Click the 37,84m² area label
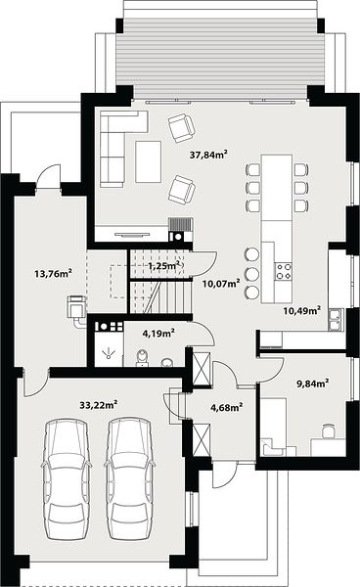(x=208, y=155)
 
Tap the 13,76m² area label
(x=53, y=273)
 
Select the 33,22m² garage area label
(x=99, y=404)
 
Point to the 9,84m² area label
(x=313, y=384)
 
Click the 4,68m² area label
(x=227, y=407)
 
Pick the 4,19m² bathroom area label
(x=158, y=333)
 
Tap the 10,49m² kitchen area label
(x=301, y=310)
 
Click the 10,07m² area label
(x=221, y=284)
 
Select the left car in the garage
(x=67, y=479)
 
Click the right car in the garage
(x=129, y=479)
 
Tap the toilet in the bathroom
(x=142, y=358)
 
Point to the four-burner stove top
(x=284, y=271)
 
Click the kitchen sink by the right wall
(x=336, y=319)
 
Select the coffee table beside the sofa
(x=149, y=161)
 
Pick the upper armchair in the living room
(x=182, y=127)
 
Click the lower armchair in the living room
(x=182, y=190)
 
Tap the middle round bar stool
(x=251, y=273)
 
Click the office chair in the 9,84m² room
(x=329, y=430)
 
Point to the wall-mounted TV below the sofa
(x=132, y=235)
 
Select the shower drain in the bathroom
(x=109, y=353)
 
